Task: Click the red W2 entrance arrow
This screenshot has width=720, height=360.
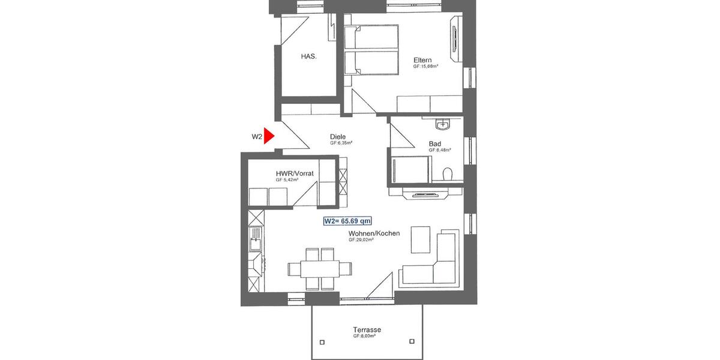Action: tap(269, 136)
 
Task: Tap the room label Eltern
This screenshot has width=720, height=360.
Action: tap(422, 60)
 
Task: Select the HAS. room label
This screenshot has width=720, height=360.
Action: tap(308, 56)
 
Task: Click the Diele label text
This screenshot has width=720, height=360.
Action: tap(338, 137)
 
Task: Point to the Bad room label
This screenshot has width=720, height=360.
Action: tap(435, 144)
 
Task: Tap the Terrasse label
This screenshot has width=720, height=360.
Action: tap(367, 330)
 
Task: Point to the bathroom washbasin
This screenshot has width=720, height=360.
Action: tap(443, 125)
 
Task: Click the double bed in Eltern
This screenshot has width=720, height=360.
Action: tap(372, 50)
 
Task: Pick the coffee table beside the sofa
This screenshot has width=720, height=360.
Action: tap(421, 239)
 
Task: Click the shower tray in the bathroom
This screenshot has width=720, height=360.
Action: tap(411, 170)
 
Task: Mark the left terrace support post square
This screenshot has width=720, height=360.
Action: tap(322, 343)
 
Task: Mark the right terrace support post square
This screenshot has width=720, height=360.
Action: tap(412, 343)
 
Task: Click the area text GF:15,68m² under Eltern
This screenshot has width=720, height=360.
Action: tap(425, 67)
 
